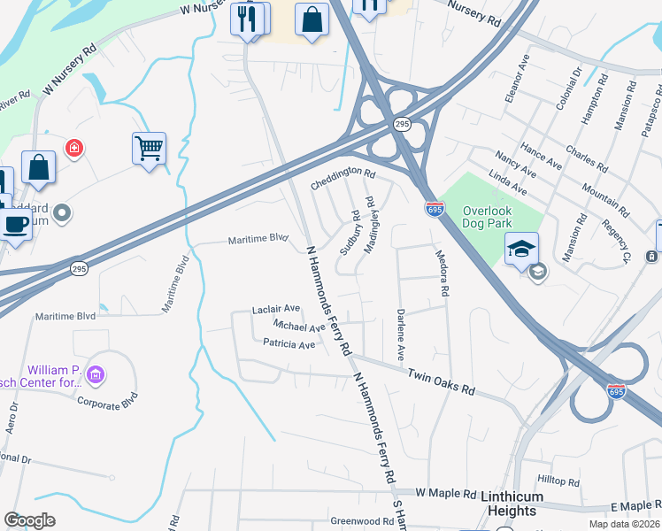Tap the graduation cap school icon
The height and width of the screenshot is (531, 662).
tap(521, 248)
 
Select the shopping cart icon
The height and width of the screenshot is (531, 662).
tap(149, 148)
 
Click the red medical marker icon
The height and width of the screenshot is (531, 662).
tap(74, 148)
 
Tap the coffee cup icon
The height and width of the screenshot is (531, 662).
tap(14, 224)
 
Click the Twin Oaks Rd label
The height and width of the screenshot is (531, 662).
tap(441, 383)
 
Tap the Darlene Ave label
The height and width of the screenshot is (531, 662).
tap(401, 335)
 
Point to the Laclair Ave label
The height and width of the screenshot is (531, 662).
tap(276, 310)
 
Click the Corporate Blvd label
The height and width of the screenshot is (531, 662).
tap(108, 401)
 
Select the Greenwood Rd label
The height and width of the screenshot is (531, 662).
tap(362, 521)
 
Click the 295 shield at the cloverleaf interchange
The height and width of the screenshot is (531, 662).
tap(402, 124)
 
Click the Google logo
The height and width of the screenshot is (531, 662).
tap(30, 520)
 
